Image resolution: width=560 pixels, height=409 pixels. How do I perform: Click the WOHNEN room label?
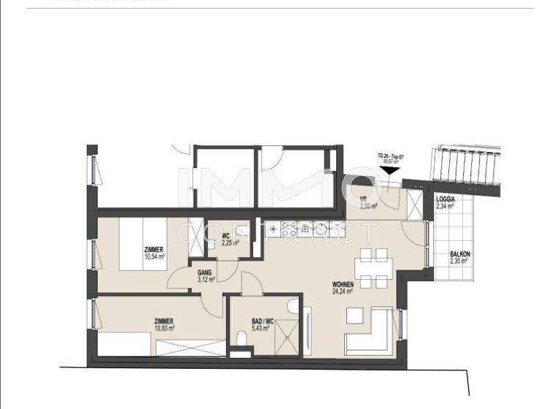click(x=343, y=284)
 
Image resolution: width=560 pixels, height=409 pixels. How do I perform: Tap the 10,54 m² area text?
click(x=155, y=256)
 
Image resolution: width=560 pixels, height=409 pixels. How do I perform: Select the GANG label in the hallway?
click(x=204, y=272)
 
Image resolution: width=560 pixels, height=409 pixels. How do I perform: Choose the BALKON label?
click(x=460, y=254)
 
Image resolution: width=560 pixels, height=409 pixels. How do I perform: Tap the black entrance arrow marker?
click(x=389, y=171)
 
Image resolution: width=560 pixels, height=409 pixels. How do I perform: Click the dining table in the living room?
click(x=373, y=267)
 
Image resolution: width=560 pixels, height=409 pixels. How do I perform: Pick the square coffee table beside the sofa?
click(x=354, y=316)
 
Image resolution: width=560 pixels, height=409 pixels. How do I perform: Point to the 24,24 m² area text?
click(x=343, y=291)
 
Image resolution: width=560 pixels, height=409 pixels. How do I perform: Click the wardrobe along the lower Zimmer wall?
click(x=191, y=348)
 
